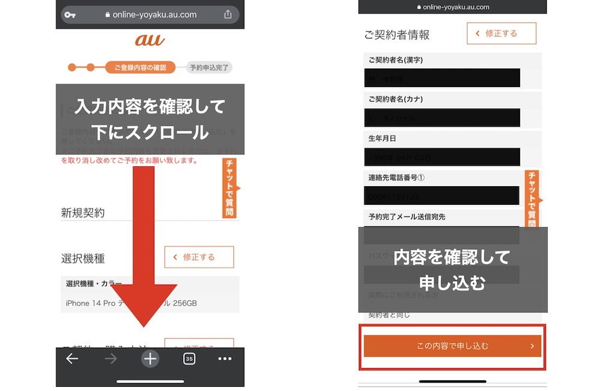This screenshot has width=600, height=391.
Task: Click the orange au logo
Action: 149,40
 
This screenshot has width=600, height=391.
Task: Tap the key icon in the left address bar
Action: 70,14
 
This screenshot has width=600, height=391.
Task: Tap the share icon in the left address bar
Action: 228,14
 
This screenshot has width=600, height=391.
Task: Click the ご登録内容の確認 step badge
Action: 140,67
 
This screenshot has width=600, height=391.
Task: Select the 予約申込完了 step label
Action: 209,67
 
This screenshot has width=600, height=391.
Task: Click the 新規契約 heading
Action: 83,213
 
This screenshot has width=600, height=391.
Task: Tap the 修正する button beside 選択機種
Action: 199,257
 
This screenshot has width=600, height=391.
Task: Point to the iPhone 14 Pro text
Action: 91,303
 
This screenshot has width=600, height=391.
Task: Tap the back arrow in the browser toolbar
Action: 72,359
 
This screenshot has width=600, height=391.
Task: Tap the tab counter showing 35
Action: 189,359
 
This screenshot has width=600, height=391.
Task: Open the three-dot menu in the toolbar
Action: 224,359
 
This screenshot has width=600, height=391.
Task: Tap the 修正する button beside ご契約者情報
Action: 501,34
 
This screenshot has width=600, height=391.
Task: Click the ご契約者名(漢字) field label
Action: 396,60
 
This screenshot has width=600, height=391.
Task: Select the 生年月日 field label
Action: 382,138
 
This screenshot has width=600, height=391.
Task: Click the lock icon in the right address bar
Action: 418,7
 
